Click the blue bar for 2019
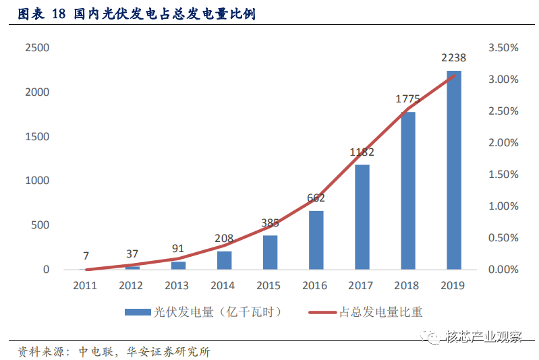454,170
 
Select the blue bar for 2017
362,217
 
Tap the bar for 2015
271,253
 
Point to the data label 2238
454,58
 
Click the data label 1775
407,99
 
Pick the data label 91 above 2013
178,248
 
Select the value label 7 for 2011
86,256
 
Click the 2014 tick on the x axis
223,285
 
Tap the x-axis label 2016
314,285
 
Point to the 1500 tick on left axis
37,136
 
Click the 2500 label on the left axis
37,47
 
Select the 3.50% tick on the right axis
503,47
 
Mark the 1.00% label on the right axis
503,206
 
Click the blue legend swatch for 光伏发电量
138,312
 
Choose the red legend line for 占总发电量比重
322,312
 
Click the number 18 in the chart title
59,14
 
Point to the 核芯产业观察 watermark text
484,336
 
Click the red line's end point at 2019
454,76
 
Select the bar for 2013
178,266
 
